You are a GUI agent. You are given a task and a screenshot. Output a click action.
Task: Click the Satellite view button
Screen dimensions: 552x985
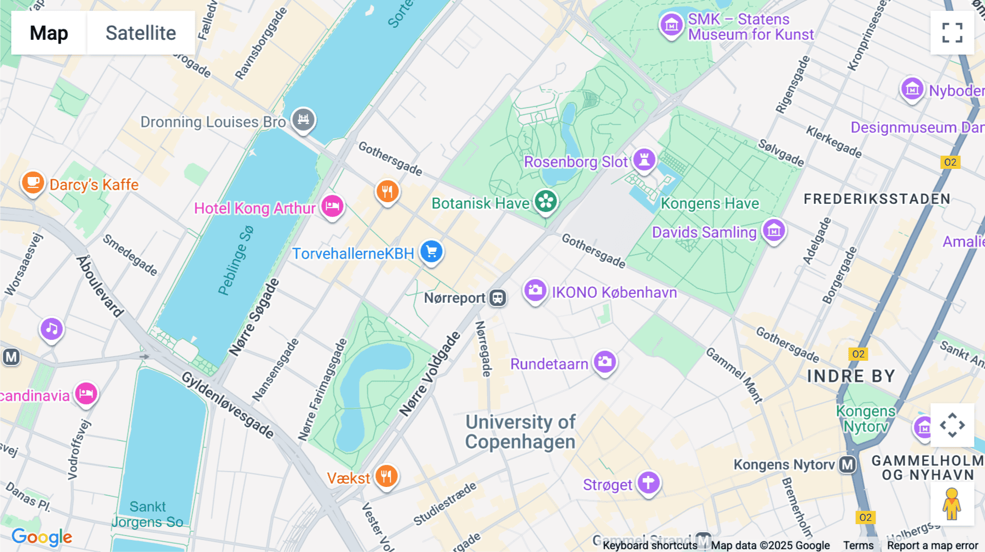141,33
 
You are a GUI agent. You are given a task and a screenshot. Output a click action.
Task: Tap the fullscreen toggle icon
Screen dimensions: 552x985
952,33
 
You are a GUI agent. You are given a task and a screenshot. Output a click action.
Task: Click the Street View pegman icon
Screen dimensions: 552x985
952,504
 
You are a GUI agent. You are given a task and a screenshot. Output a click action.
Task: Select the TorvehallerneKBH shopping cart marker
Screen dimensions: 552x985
431,251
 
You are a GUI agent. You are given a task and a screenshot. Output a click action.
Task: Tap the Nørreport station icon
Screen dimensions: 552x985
497,298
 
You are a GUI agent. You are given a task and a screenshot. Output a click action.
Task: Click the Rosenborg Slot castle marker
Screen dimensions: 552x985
644,160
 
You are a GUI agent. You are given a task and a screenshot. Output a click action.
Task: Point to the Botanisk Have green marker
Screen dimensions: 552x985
546,201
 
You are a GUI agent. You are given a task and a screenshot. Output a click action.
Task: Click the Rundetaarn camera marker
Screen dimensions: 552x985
605,362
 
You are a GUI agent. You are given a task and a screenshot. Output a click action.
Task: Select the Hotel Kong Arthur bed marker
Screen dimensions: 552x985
332,207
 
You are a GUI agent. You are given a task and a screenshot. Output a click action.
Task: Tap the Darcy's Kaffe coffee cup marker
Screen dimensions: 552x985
33,182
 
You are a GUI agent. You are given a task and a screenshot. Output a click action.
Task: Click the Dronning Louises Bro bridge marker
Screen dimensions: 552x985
303,119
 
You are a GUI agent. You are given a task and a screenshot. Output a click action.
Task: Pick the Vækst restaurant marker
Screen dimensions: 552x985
386,476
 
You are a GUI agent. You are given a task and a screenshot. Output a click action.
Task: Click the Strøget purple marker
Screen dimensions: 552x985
648,483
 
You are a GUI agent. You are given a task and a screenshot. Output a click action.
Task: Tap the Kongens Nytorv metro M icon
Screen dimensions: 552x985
847,465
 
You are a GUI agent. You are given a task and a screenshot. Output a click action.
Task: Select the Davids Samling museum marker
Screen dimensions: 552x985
774,231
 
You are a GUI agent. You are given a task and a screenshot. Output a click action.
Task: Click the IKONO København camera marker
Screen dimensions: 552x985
535,291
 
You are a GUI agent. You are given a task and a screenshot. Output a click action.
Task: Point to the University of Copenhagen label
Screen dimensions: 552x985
520,432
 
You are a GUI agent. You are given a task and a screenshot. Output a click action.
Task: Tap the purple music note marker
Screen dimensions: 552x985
51,329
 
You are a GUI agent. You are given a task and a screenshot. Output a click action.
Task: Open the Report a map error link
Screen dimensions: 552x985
932,545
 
